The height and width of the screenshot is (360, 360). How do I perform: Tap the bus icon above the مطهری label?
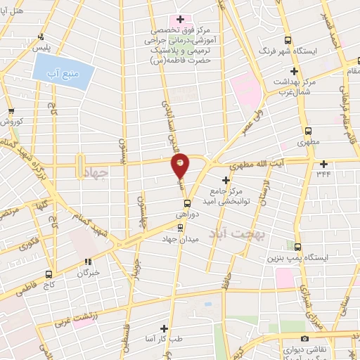point(308,130)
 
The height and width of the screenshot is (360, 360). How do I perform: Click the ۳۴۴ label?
point(323,172)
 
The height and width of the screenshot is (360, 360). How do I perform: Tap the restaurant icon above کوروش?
point(10,111)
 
